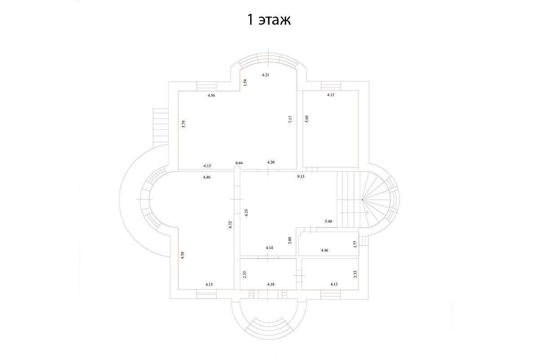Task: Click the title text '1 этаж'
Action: click(x=269, y=19)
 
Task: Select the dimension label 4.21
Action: click(x=265, y=75)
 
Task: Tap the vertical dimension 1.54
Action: click(x=245, y=83)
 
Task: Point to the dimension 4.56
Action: click(x=211, y=95)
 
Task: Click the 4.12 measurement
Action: click(x=331, y=95)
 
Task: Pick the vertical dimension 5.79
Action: click(x=184, y=124)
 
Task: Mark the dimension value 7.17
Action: click(x=290, y=119)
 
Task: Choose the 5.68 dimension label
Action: click(x=306, y=119)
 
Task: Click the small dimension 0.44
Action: click(x=239, y=163)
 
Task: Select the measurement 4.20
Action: click(x=271, y=162)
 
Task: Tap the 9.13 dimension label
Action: click(x=300, y=176)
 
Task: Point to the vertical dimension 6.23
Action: click(x=246, y=213)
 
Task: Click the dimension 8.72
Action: click(x=230, y=224)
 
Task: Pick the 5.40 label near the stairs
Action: click(x=328, y=221)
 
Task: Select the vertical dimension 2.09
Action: click(x=290, y=240)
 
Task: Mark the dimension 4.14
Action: click(x=269, y=247)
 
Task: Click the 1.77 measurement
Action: click(x=355, y=244)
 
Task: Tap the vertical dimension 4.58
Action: click(x=182, y=255)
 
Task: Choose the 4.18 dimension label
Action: click(x=271, y=284)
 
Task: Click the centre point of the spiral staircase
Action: click(x=362, y=199)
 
